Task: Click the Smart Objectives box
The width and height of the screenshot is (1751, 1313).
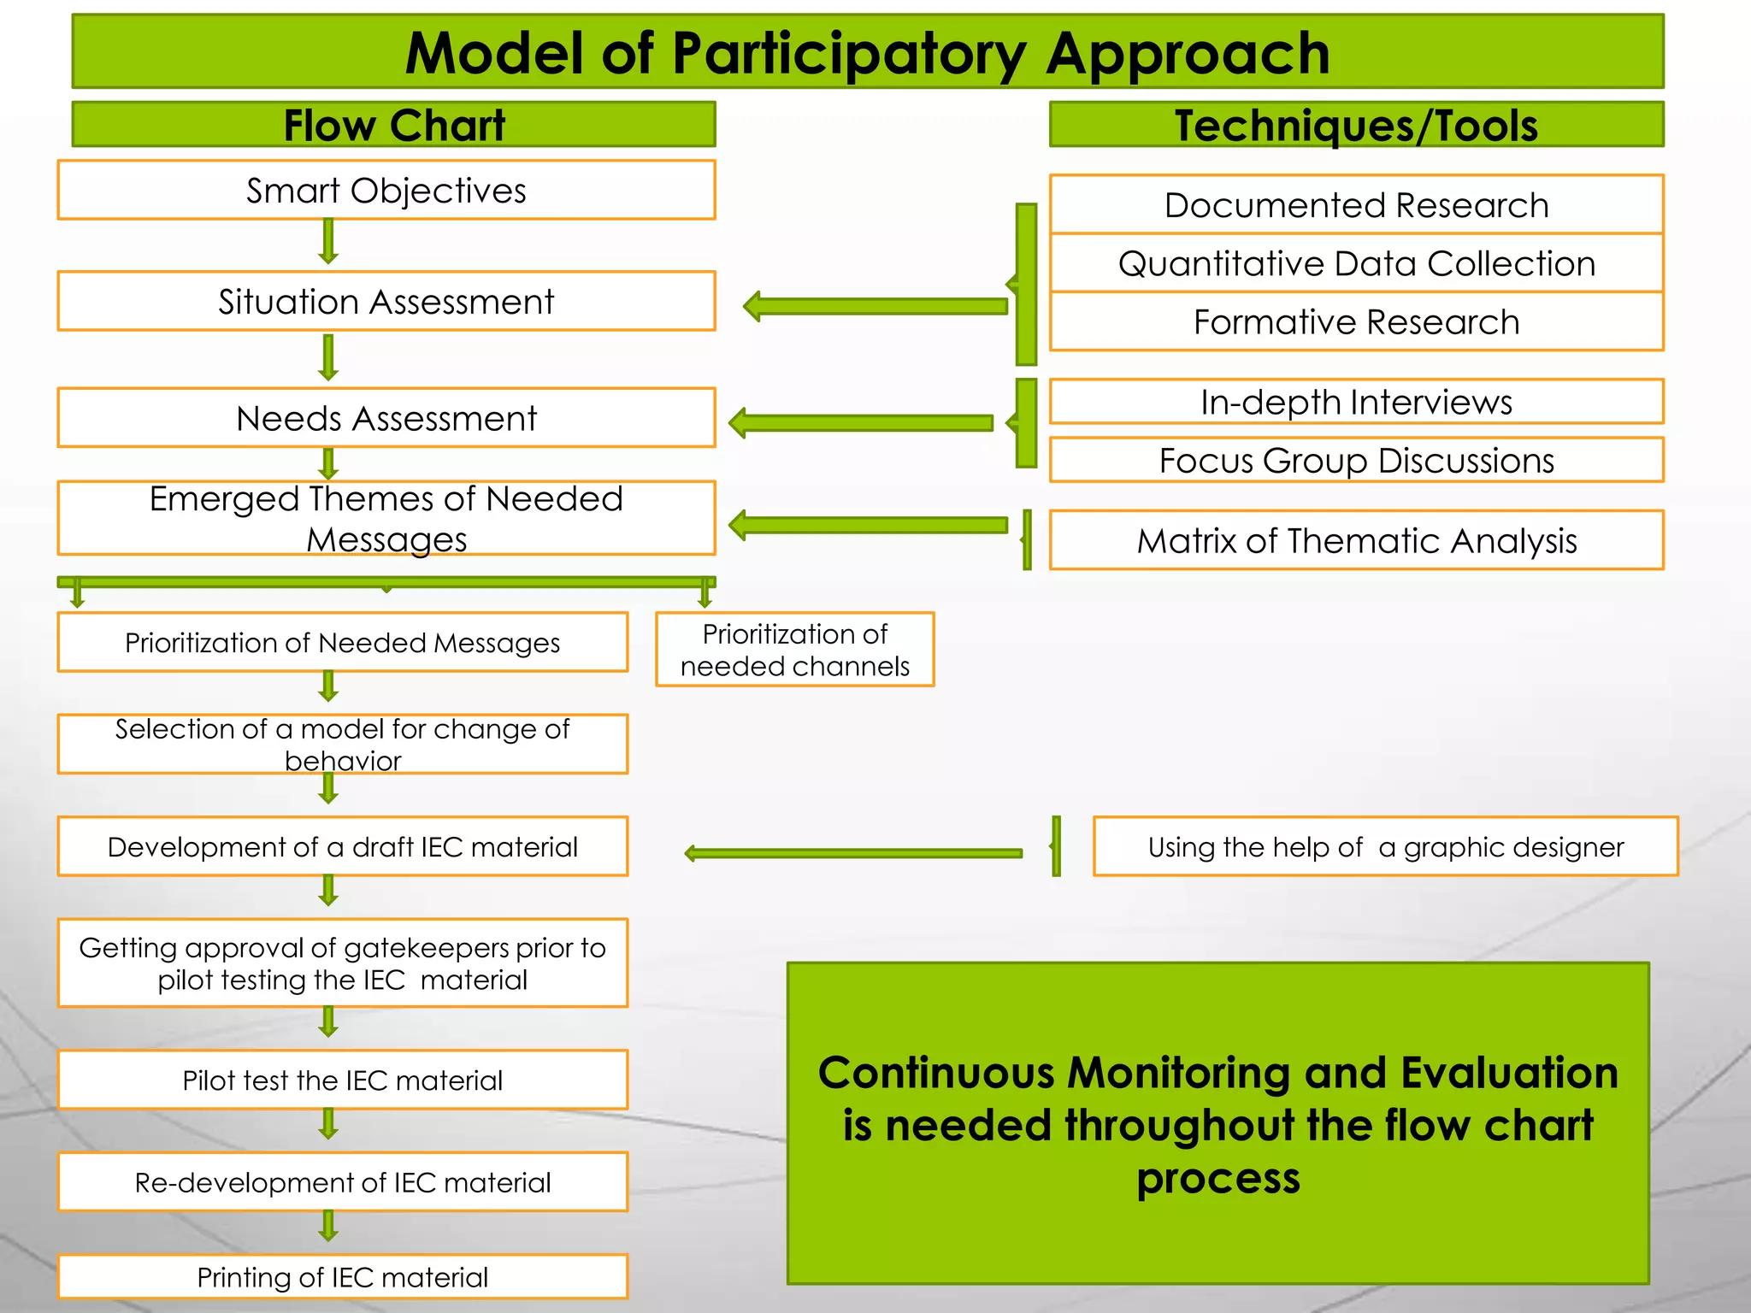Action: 386,190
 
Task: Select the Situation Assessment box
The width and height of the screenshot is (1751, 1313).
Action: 386,301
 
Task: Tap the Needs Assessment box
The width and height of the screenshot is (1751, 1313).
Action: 386,418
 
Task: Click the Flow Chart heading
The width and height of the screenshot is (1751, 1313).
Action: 394,125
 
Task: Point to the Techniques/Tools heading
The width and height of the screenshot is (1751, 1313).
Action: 1356,125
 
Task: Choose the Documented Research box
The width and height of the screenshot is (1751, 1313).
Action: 1356,205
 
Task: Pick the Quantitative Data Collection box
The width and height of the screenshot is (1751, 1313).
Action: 1356,263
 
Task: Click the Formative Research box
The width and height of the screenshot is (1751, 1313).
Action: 1356,322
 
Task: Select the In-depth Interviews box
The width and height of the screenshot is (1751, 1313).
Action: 1356,402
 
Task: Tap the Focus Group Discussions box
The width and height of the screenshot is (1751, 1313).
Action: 1356,460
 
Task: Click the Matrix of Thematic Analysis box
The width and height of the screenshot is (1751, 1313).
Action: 1356,540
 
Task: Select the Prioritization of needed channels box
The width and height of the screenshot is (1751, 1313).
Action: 794,650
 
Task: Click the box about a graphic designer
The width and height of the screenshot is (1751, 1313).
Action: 1385,846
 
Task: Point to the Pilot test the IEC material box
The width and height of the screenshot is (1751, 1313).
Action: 342,1080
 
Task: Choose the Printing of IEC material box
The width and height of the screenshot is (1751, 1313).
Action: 342,1276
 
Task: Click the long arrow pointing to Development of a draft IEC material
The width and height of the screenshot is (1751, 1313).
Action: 855,853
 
